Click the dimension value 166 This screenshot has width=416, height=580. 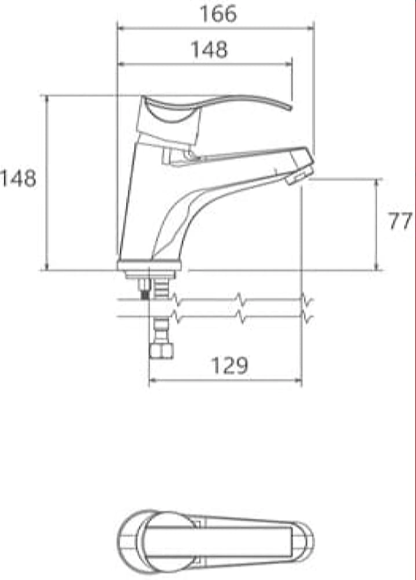(x=218, y=14)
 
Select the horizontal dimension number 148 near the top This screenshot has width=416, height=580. (x=209, y=49)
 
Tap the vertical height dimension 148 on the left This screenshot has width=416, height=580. (x=18, y=178)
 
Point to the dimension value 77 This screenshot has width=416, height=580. (x=400, y=222)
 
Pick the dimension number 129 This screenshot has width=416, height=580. (x=229, y=365)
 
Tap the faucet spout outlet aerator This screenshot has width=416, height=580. (x=298, y=175)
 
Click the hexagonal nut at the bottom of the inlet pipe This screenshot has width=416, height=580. (x=162, y=351)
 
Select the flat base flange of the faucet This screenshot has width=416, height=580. (x=149, y=265)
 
